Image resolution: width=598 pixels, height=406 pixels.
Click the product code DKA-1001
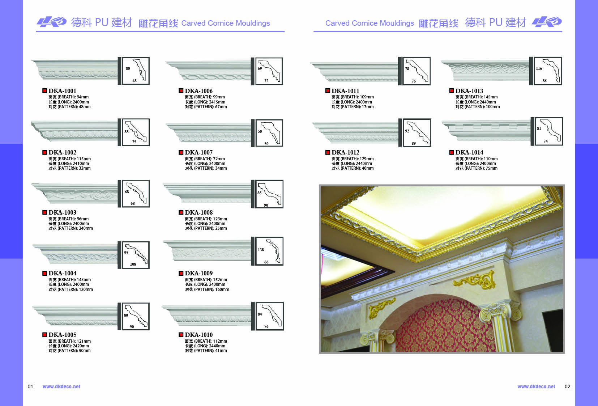coord(62,91)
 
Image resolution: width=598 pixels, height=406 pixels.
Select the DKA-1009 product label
coord(198,273)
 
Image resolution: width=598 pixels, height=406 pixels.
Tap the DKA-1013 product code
coord(469,91)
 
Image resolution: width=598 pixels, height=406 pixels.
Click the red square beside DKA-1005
coord(44,335)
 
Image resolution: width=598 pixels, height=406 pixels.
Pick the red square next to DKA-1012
coord(328,152)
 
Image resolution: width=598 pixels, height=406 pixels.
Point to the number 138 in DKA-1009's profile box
coord(261,250)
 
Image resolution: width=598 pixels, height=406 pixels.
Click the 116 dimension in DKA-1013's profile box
coord(539,68)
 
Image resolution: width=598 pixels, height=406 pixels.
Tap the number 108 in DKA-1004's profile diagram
coord(133,264)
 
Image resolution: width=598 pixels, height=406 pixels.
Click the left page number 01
coord(30,386)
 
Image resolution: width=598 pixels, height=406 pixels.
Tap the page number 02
coord(567,386)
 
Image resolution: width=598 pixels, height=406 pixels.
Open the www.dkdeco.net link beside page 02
coord(536,386)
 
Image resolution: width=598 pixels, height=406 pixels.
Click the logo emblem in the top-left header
coord(52,22)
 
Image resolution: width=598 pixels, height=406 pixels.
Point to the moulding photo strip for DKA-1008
coord(207,193)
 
